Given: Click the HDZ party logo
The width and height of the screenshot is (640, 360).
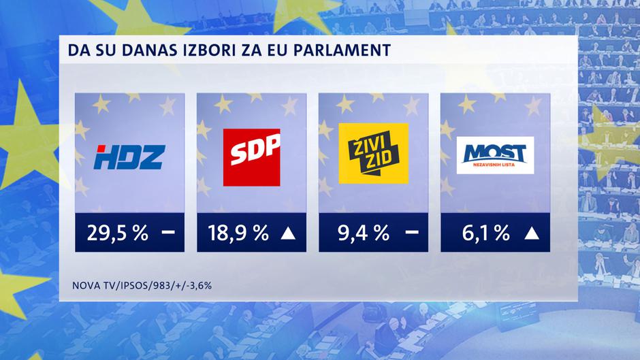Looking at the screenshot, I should point(129,157).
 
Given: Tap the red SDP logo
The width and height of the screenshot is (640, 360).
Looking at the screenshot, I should point(251,156).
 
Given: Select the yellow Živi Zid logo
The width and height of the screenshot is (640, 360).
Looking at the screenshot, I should point(373,154).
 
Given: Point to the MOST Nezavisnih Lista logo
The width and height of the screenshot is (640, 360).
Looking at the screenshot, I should point(495,156).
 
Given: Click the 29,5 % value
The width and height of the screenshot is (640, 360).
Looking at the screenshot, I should point(117,234).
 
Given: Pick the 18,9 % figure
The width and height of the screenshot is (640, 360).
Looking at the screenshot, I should point(239,234).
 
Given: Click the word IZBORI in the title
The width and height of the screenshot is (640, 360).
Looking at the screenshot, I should point(214,50).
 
